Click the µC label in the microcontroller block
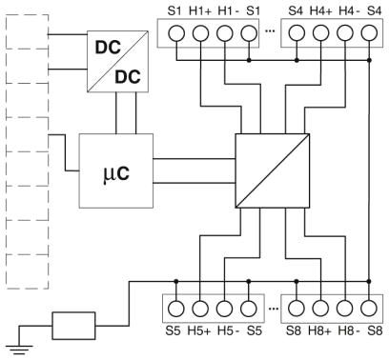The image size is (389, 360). [x=116, y=173]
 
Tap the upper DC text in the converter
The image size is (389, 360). [x=108, y=48]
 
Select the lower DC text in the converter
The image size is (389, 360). [x=128, y=77]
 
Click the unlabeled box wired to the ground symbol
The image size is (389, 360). [x=73, y=326]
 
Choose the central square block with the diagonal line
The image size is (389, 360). [x=273, y=170]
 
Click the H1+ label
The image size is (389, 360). [x=200, y=11]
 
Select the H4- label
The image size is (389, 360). [x=349, y=11]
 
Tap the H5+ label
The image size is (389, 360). [x=199, y=330]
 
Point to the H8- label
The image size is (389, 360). [x=349, y=330]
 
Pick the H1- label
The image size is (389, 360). [x=229, y=11]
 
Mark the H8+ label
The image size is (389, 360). [x=319, y=330]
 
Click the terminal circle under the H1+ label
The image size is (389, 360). [x=200, y=33]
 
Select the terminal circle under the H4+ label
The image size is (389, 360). [x=320, y=33]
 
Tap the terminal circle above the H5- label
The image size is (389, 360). [x=225, y=309]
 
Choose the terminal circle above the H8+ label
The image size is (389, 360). [x=320, y=309]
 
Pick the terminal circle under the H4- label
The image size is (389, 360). [x=345, y=33]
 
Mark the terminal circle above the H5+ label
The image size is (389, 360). [x=200, y=309]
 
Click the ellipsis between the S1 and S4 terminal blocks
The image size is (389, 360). [x=270, y=31]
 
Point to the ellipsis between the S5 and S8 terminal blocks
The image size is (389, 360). [x=274, y=309]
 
